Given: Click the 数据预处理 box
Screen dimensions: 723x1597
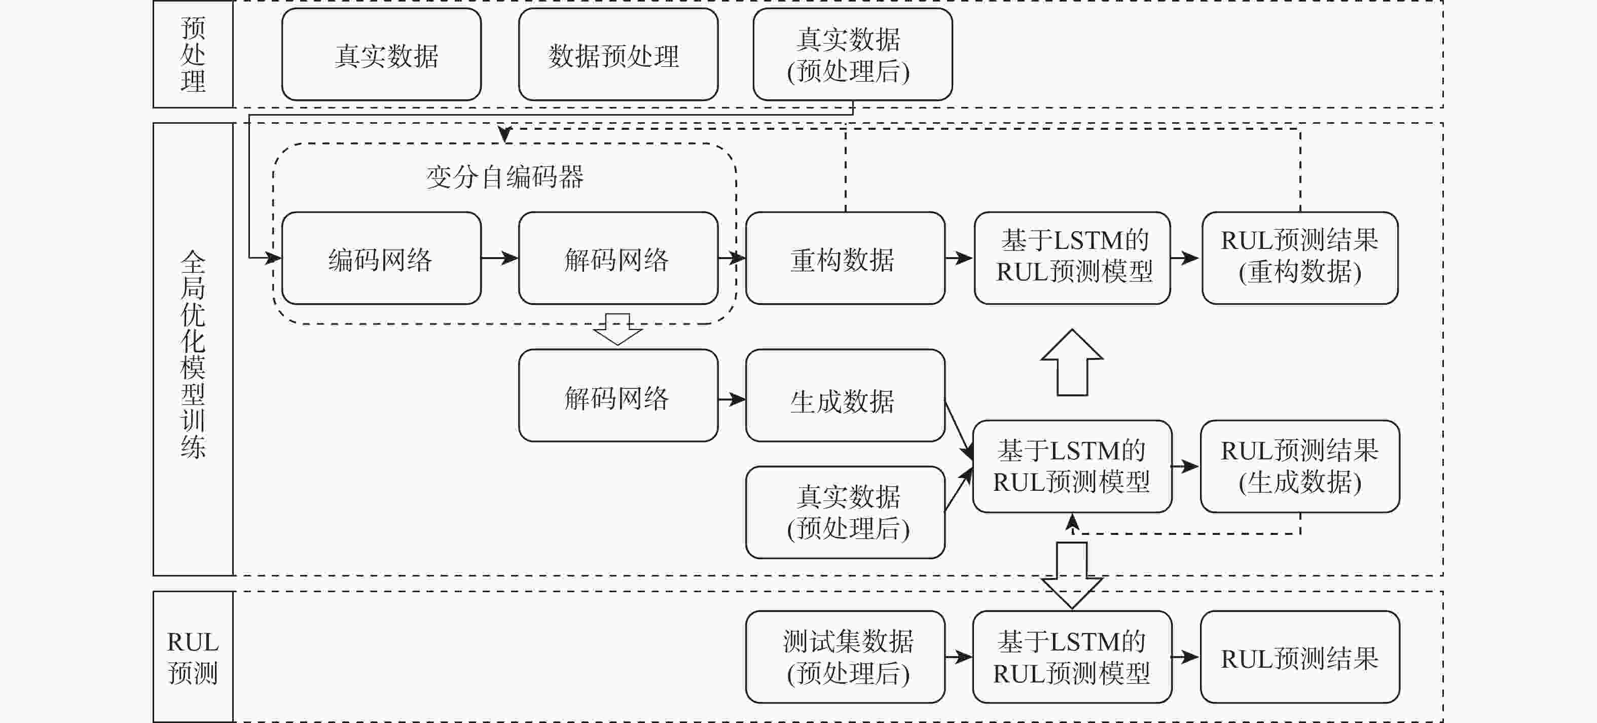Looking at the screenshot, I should click(618, 55).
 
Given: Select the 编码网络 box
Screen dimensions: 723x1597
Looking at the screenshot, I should click(381, 258).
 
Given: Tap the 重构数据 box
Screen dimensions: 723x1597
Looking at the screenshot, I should click(845, 258).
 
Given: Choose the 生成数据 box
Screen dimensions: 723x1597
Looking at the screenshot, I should click(845, 396).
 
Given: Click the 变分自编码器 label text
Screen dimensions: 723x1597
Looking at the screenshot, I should click(504, 177).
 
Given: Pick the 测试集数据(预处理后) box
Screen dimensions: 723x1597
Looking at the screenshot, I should click(845, 657).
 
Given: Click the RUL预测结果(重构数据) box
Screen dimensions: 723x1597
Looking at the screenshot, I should click(1299, 258).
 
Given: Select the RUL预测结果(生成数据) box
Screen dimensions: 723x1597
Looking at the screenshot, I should click(1299, 466).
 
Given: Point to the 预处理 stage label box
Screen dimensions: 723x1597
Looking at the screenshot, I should click(193, 55).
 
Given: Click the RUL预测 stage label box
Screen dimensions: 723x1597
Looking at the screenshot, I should click(193, 657).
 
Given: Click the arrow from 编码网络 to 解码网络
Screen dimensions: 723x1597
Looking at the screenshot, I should click(500, 258).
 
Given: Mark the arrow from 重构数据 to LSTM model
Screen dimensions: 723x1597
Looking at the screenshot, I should click(959, 258).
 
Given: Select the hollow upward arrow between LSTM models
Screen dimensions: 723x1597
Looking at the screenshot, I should click(1071, 363).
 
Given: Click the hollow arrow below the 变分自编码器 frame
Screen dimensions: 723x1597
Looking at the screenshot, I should click(618, 329).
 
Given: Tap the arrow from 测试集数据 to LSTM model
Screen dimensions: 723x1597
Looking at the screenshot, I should click(959, 657).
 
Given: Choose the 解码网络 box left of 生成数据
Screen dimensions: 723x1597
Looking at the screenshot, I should click(618, 396).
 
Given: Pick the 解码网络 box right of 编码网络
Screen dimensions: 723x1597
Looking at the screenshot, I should click(618, 258).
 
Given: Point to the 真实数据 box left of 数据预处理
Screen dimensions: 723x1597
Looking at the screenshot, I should click(381, 55).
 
